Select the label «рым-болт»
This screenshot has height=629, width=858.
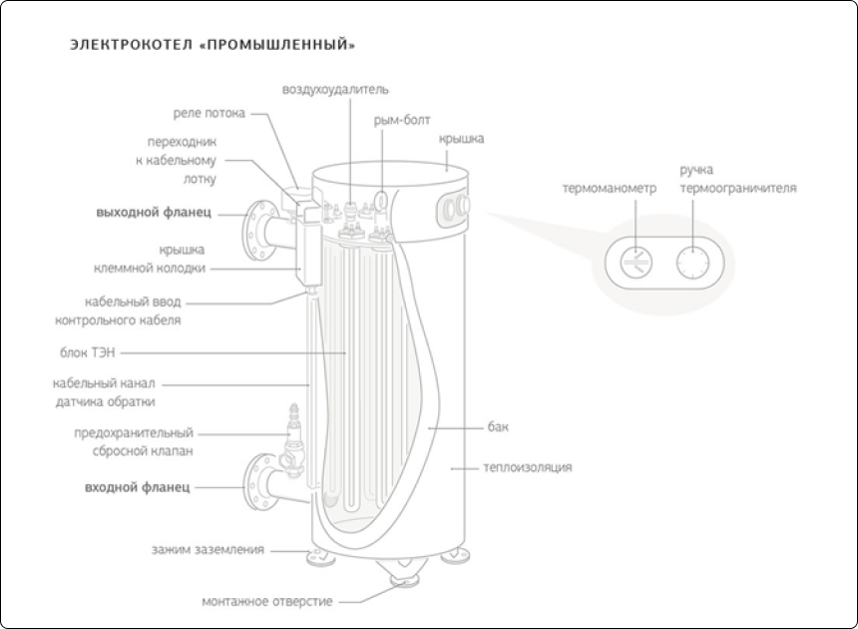402,120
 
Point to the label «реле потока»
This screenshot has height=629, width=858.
209,114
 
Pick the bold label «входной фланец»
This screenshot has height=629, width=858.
138,487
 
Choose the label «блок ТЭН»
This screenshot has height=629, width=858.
90,351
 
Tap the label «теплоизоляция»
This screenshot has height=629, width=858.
528,467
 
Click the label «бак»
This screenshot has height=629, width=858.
499,427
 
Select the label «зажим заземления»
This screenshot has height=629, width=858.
208,549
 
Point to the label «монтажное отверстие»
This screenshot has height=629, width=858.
267,601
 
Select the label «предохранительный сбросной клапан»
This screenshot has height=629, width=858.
134,441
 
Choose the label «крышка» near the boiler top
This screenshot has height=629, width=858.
461,139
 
